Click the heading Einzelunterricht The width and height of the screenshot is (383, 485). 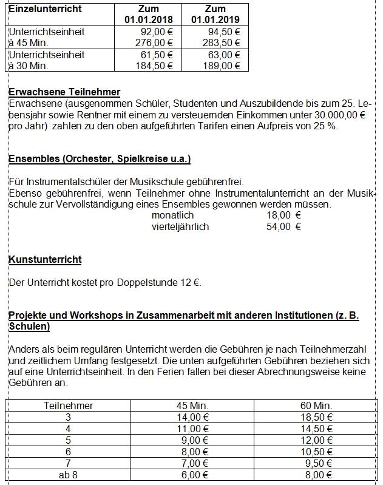click(45, 9)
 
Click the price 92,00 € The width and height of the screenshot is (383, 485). click(157, 32)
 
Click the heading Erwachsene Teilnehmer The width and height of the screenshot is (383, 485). click(64, 92)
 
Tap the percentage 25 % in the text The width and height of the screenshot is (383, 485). click(325, 126)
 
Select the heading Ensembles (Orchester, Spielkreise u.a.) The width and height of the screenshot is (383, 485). click(100, 159)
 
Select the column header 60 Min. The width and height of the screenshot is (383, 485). click(317, 405)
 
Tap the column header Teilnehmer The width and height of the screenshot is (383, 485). click(68, 405)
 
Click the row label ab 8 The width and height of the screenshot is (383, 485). click(68, 475)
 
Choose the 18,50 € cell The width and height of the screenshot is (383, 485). click(317, 417)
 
